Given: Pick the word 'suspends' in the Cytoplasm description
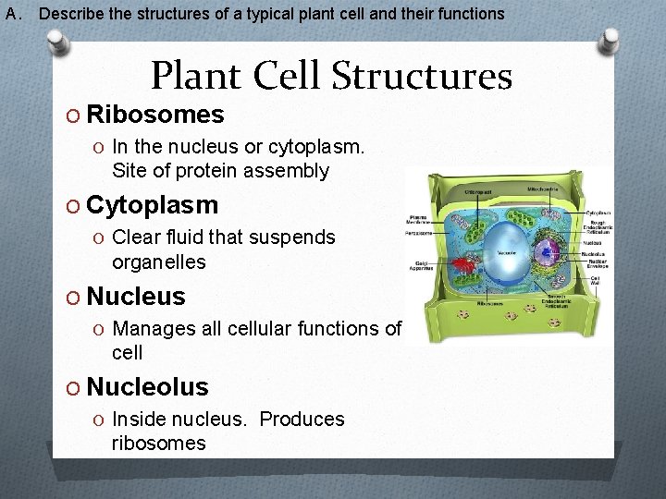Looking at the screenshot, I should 294,237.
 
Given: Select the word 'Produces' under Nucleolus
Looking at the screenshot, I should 302,419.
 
